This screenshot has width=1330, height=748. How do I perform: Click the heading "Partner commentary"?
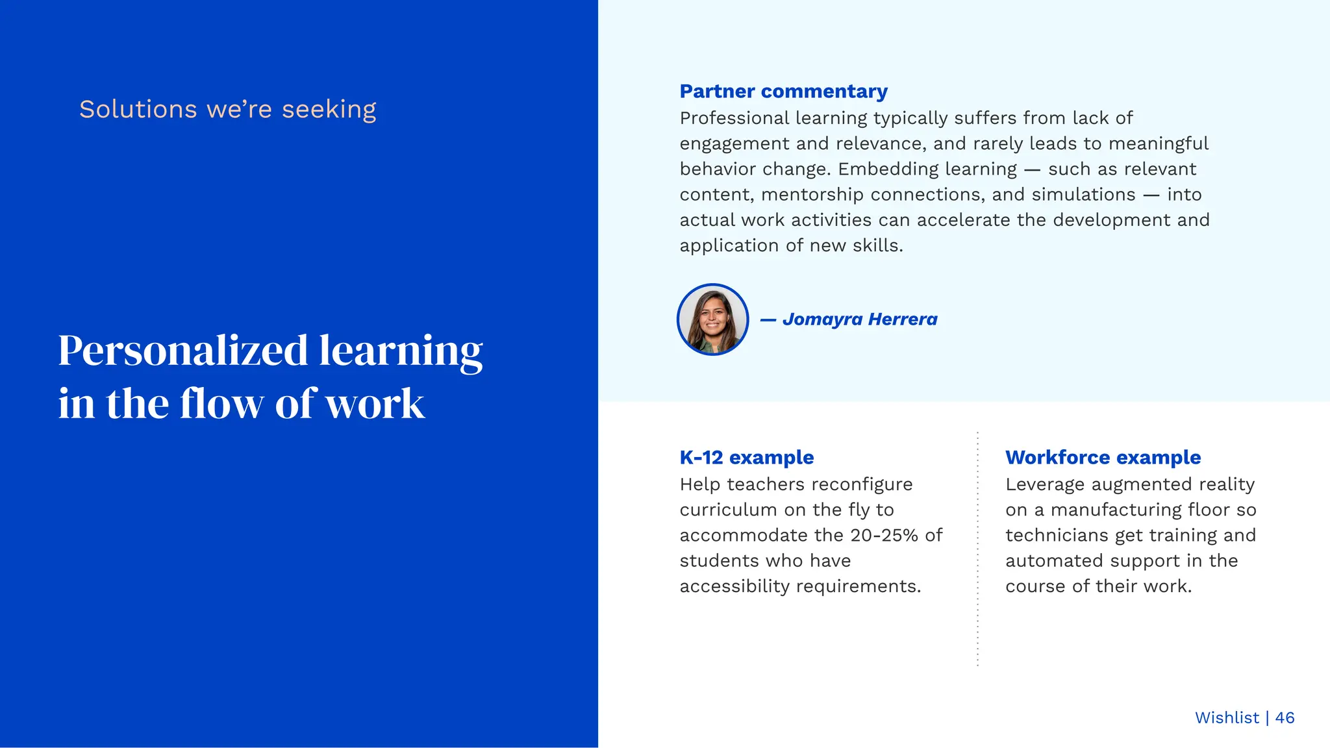pyautogui.click(x=783, y=92)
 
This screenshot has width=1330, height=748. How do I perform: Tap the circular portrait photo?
pyautogui.click(x=712, y=319)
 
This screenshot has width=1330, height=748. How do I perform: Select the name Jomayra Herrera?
pyautogui.click(x=859, y=319)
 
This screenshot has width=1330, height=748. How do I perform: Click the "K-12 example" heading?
pyautogui.click(x=746, y=457)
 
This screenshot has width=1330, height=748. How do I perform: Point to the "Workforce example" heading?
pyautogui.click(x=1103, y=457)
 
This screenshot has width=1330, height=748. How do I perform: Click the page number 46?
pyautogui.click(x=1285, y=717)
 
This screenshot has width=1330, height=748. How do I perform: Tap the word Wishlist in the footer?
pyautogui.click(x=1227, y=717)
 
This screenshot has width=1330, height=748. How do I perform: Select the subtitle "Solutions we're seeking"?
pyautogui.click(x=227, y=109)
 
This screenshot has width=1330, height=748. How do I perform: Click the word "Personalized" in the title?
pyautogui.click(x=182, y=351)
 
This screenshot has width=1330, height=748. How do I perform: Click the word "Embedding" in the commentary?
pyautogui.click(x=927, y=169)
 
